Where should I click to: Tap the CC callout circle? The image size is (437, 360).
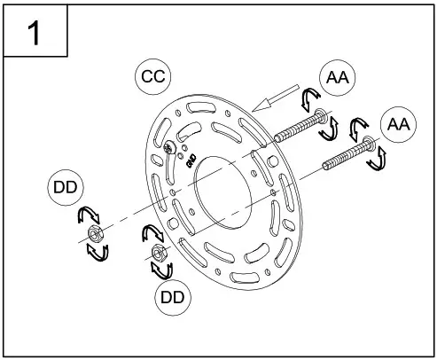point(152,75)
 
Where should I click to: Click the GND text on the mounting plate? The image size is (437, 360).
point(189,160)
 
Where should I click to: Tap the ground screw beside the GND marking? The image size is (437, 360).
point(169,148)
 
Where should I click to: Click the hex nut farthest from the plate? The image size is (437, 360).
point(93,234)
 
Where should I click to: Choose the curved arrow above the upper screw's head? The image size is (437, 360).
point(310,96)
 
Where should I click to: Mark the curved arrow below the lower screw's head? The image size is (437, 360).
point(378,160)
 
